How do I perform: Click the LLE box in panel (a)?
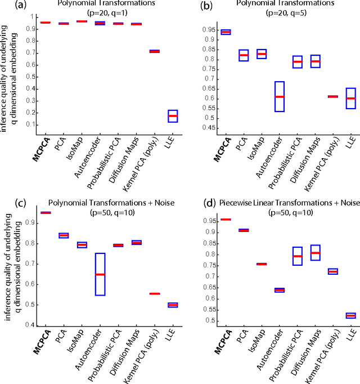tap(157, 116)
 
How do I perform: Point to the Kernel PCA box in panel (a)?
tap(138, 51)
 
